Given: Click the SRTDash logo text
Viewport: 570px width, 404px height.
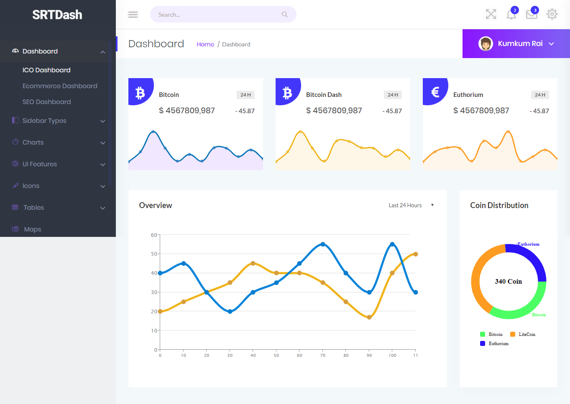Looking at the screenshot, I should tap(57, 15).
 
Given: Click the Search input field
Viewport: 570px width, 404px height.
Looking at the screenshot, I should tap(217, 15).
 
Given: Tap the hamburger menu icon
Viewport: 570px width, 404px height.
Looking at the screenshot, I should tap(133, 15).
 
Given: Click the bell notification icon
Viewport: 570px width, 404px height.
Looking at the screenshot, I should tap(511, 14).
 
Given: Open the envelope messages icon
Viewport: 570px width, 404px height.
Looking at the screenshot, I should tap(532, 15).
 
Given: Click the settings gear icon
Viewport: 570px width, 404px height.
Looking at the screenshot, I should tap(552, 14).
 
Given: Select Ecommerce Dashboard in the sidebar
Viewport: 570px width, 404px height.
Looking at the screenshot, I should tap(60, 86).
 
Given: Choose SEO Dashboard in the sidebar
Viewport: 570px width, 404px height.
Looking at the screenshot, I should tap(46, 102).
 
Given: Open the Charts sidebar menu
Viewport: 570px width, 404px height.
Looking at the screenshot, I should tap(33, 142).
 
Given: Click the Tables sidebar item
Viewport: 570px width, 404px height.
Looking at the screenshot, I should tap(33, 208).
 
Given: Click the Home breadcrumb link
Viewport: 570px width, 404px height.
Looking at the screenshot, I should tap(205, 44).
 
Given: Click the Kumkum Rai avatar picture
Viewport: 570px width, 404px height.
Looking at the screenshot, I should tap(486, 43).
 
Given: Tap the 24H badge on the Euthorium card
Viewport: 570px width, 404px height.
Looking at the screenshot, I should tap(540, 95).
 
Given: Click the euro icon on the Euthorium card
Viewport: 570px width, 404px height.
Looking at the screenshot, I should tap(435, 91).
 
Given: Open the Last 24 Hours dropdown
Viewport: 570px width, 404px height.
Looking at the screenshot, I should tap(411, 205).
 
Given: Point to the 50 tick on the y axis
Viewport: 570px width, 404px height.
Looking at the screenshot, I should tap(154, 254).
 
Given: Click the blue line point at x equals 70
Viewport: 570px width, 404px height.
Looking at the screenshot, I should tap(323, 244).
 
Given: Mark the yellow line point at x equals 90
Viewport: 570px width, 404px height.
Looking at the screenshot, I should tap(369, 318).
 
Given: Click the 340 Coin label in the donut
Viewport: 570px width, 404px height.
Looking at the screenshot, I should tap(508, 282).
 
